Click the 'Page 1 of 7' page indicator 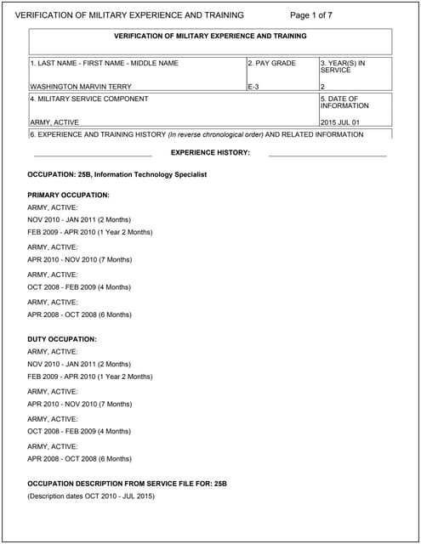tap(311, 15)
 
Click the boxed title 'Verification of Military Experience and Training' tap(210, 36)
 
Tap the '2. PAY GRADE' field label tap(271, 63)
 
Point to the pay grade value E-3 tap(253, 87)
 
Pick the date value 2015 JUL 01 tap(340, 122)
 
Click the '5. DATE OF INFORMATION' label tap(344, 102)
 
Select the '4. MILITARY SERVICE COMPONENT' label tap(88, 99)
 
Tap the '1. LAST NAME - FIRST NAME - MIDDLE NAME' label tap(104, 63)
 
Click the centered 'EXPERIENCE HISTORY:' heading tap(210, 152)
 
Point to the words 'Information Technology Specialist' tap(151, 174)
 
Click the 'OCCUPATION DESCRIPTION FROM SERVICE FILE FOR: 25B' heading tap(127, 484)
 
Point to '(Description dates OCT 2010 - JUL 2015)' tap(91, 496)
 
